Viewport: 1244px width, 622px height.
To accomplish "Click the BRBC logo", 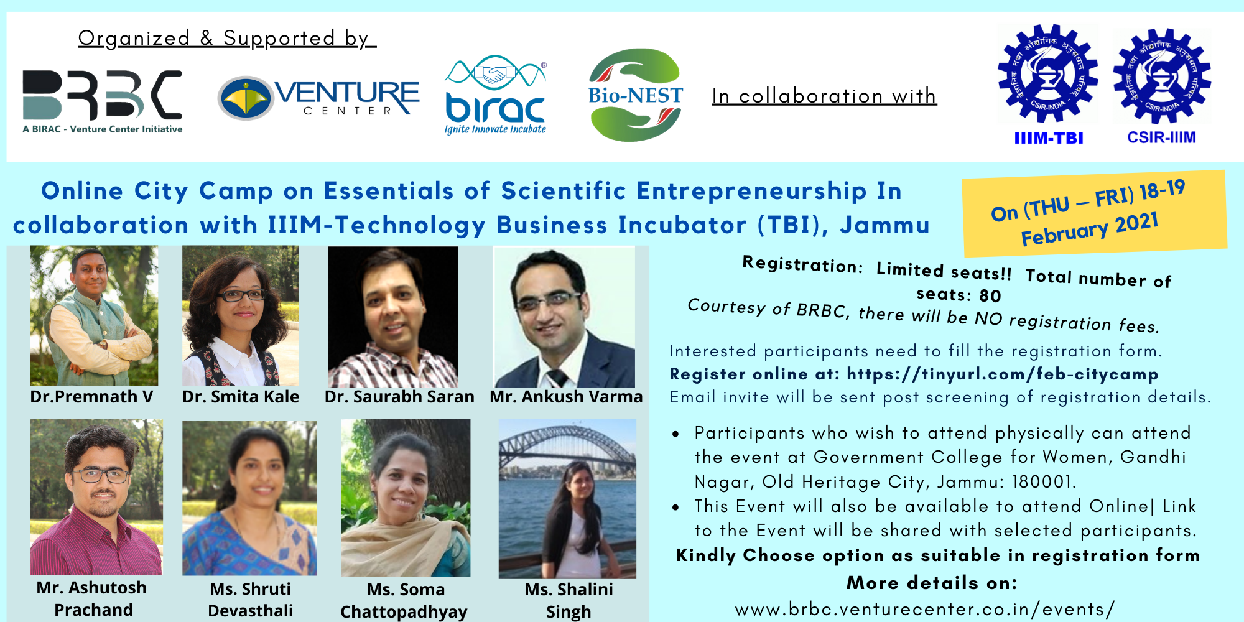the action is coord(103,101).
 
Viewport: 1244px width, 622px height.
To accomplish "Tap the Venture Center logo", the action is coord(318,98).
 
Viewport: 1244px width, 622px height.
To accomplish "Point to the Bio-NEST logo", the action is coord(636,95).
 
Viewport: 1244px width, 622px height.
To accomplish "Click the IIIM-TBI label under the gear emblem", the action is coord(1049,138).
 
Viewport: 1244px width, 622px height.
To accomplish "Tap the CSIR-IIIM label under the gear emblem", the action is coord(1162,137).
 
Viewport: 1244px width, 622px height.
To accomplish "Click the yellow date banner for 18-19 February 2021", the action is coord(1094,213).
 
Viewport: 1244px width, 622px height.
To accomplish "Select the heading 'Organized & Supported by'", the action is coord(227,39).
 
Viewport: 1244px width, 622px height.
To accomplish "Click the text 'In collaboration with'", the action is coord(824,96).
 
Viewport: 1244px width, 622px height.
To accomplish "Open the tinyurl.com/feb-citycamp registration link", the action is coord(1003,374).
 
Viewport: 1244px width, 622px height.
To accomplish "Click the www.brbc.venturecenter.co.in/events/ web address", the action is coord(925,609).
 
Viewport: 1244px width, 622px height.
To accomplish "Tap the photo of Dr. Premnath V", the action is coord(94,316).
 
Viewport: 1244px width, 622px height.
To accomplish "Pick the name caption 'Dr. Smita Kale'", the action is coord(241,397).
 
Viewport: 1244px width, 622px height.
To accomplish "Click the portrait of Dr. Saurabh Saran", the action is coord(393,317).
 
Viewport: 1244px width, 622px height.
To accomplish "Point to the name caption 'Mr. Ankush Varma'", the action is coord(566,397).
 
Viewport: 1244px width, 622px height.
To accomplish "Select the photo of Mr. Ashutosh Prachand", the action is coord(96,497).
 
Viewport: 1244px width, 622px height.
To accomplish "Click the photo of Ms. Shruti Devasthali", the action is coord(249,498).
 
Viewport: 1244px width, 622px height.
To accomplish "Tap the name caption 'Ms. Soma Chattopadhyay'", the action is coord(405,600).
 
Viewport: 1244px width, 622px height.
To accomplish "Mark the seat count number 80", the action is coord(990,295).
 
